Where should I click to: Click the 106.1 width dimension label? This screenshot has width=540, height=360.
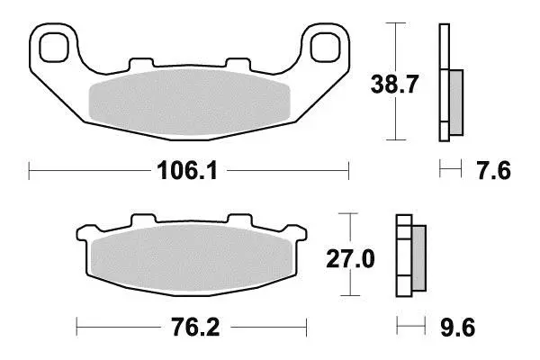187,171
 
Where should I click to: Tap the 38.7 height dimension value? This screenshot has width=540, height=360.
394,85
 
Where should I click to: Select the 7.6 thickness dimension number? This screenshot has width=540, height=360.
494,171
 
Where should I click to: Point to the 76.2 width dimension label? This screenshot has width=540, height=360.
195,328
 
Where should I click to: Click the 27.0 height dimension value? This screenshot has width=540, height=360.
350,259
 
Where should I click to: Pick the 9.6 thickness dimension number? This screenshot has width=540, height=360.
458,328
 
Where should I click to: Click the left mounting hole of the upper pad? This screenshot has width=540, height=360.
54,48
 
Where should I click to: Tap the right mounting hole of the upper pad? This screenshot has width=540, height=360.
325,48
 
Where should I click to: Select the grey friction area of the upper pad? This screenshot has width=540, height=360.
189,103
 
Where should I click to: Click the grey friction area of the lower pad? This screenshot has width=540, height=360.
192,257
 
